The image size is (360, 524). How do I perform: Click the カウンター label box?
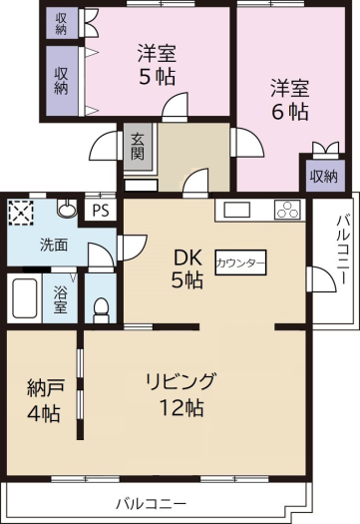point(240,262)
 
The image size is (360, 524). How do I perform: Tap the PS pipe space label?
point(101,211)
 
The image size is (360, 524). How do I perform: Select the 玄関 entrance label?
point(138,146)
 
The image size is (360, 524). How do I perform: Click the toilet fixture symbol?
point(101,309)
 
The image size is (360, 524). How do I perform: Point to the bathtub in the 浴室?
point(24,298)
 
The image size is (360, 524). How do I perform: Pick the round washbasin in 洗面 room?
point(67,209)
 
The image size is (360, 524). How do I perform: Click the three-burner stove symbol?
point(287,210)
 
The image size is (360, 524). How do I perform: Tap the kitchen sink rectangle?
point(236,210)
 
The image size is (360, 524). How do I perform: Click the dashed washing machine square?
point(21,213)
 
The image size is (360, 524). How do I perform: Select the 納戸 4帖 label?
point(45,400)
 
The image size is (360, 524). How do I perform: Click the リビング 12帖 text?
point(180,394)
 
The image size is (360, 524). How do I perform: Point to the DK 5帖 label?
point(187,269)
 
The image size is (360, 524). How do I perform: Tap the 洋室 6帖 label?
point(289,100)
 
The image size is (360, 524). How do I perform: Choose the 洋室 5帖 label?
point(157,65)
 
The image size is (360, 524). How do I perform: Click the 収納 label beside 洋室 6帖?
point(323,176)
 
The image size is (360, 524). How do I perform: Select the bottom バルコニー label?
point(151,504)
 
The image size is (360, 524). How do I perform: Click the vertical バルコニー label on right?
point(343,249)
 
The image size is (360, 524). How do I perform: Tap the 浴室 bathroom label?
point(60,298)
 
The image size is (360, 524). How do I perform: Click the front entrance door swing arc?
point(103,145)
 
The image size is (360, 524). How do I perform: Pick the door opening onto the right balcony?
point(322,279)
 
